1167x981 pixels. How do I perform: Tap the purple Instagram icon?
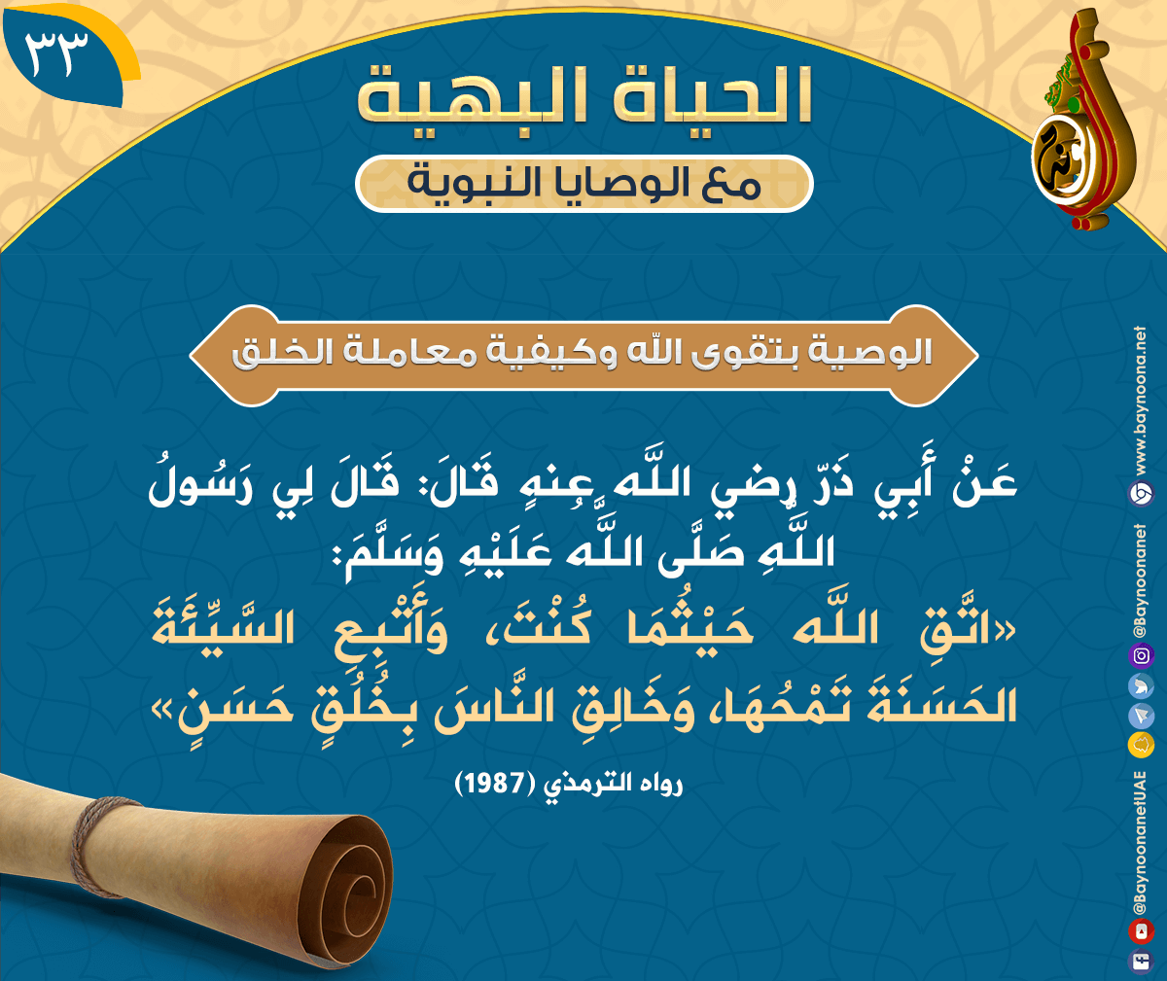pos(1141,655)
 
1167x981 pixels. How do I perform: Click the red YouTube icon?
pos(1141,931)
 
